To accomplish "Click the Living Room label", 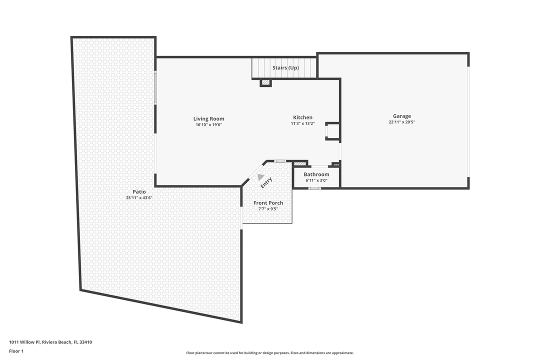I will coord(208,118).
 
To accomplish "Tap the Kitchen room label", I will coord(302,117).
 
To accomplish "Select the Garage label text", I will coord(401,116).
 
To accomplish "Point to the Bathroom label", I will coord(316,174).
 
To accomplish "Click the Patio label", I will coord(139,191).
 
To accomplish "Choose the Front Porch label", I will coord(268,202).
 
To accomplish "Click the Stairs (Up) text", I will coord(285,67).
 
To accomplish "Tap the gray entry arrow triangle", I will coord(260,176).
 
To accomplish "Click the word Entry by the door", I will coord(266,183).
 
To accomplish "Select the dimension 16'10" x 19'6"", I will coord(208,124).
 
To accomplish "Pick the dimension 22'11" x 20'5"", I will coord(401,122).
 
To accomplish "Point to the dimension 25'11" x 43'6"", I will coord(139,198).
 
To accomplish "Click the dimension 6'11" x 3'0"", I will coord(316,180).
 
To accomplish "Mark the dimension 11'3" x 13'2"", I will coord(302,123).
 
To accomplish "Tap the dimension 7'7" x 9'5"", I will coord(268,208).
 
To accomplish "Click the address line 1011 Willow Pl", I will coord(50,342).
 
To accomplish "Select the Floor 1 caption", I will coord(16,351).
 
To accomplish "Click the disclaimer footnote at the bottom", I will coord(269,353).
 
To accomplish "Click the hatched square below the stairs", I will coord(266,82).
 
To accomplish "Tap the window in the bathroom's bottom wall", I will coord(314,188).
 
